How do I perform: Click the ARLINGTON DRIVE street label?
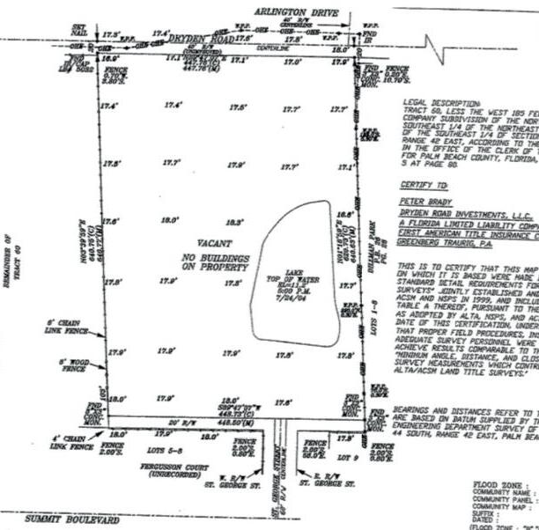(298, 13)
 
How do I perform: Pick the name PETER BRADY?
(421, 202)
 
